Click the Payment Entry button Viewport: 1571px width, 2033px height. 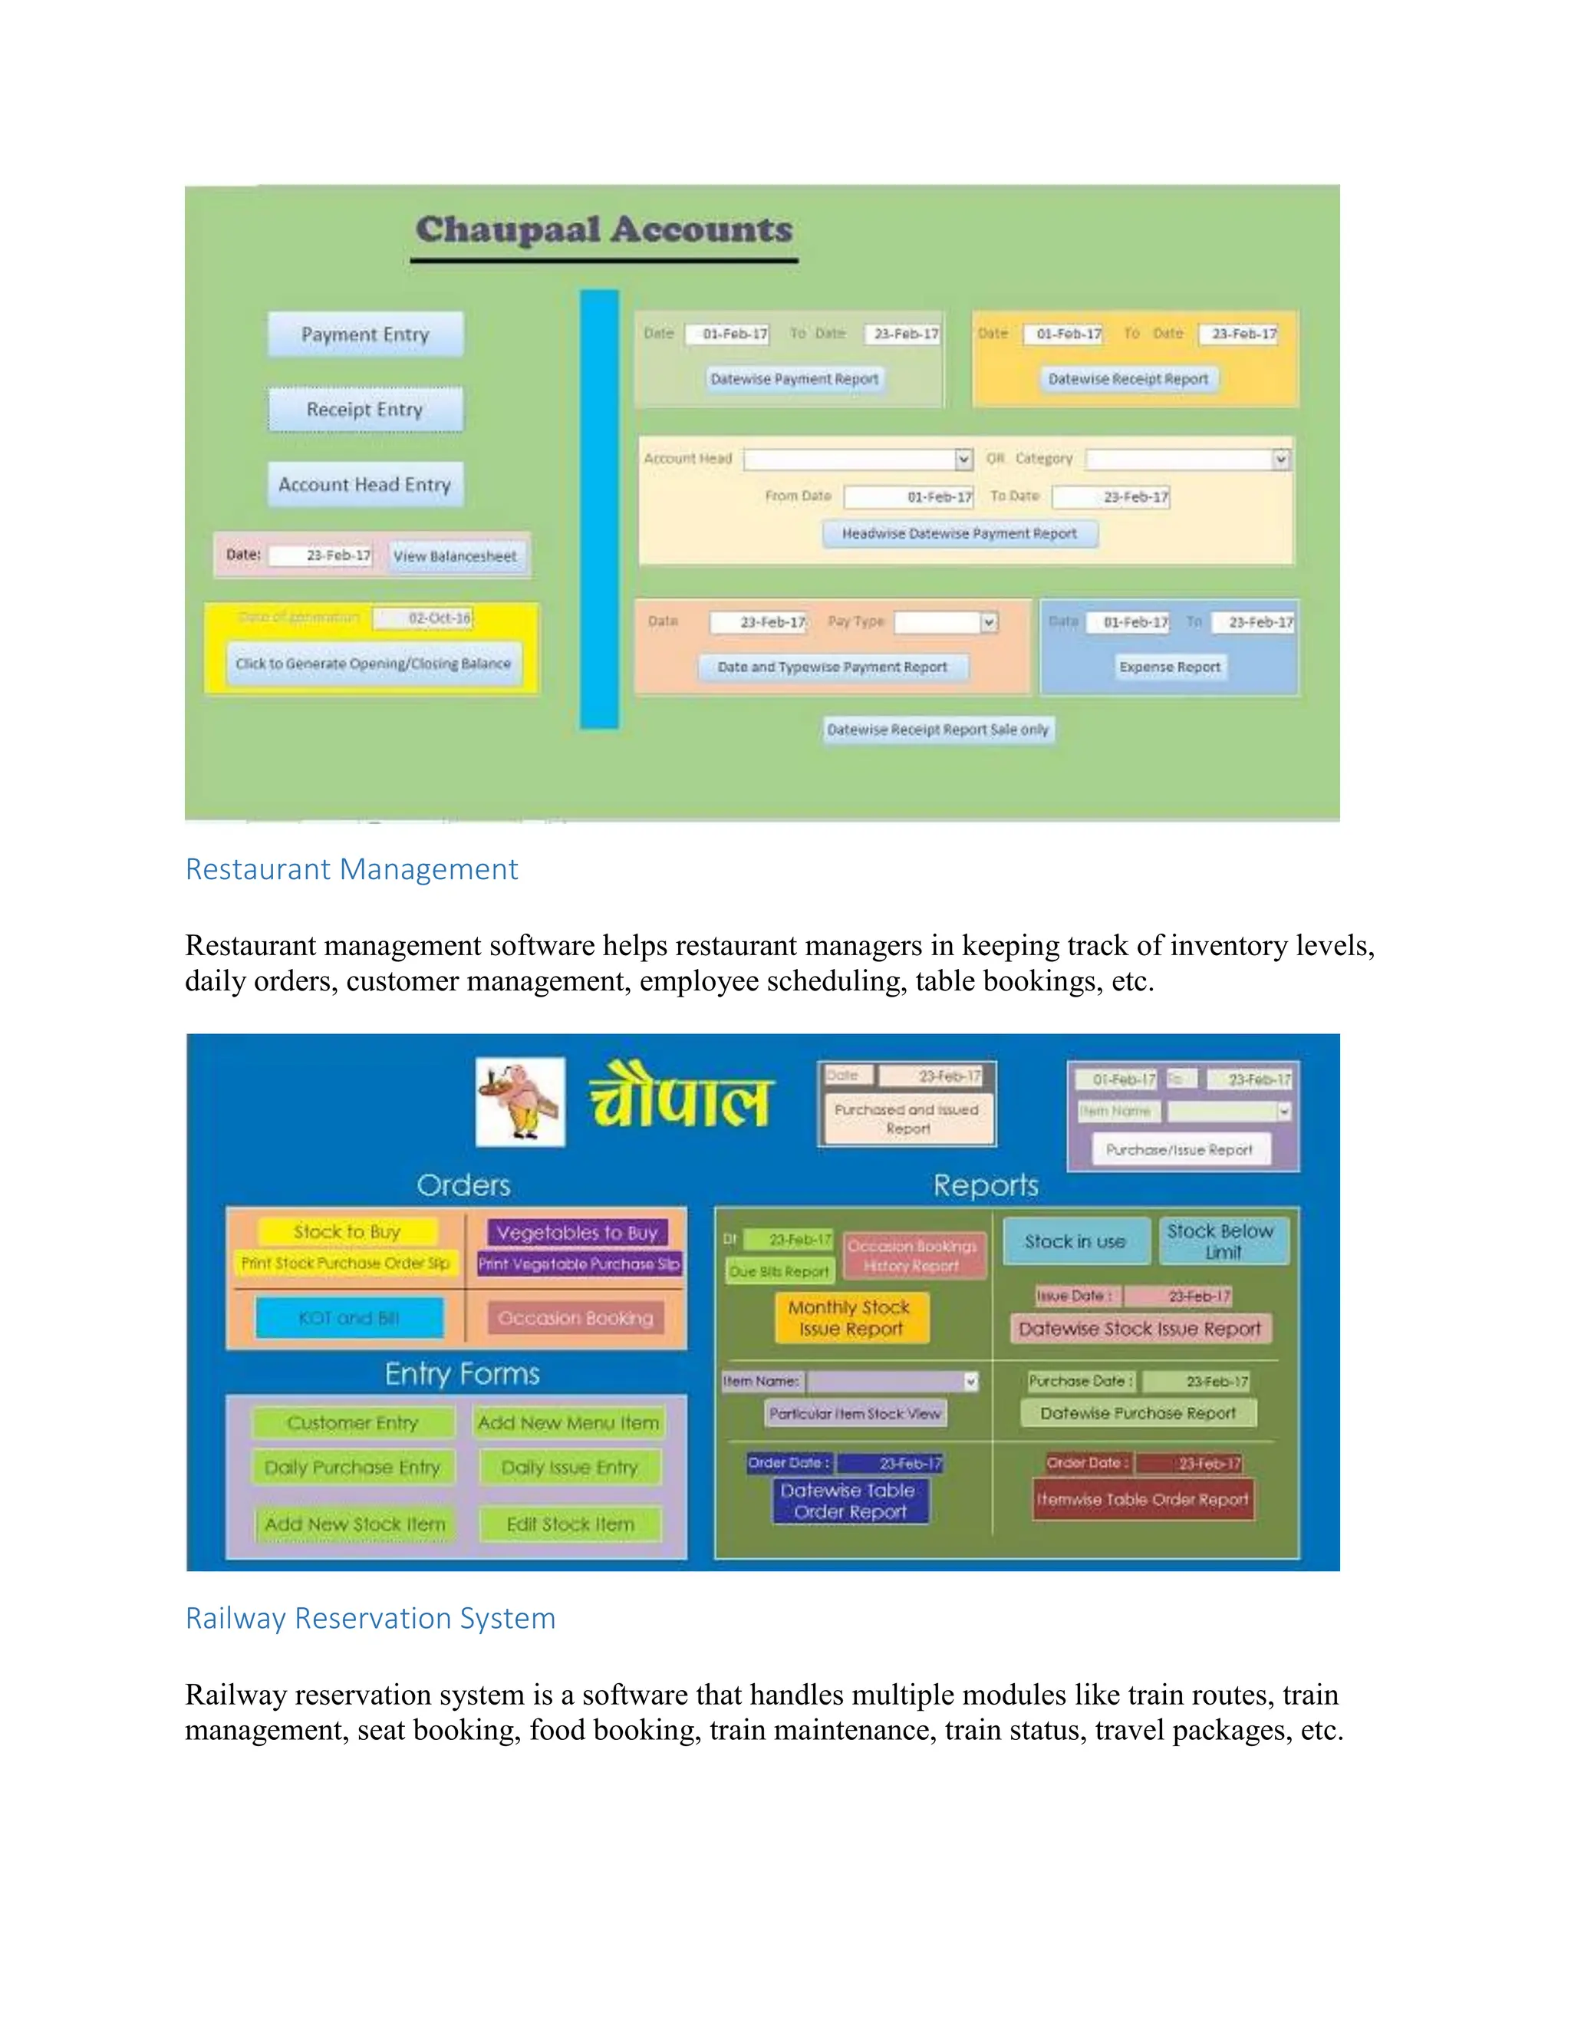365,334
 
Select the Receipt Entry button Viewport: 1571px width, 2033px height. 365,410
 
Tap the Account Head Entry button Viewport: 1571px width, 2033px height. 365,484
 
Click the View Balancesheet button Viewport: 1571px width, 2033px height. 455,555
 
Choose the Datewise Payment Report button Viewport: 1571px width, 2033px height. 794,379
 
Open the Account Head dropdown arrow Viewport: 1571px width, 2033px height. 963,459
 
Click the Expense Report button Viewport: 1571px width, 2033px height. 1169,667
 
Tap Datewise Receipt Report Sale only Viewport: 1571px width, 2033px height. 938,730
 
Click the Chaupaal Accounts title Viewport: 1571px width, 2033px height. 604,230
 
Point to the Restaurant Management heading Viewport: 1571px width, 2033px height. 352,868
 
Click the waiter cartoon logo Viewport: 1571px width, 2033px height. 519,1101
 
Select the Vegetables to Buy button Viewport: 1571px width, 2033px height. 577,1233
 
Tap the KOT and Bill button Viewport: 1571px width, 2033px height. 349,1318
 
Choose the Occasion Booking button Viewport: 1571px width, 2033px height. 575,1318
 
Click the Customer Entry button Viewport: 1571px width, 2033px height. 353,1422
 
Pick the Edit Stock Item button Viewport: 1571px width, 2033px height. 571,1524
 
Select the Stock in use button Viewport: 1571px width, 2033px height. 1075,1241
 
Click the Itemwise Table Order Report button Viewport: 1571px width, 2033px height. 1143,1500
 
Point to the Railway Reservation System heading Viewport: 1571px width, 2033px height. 371,1618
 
